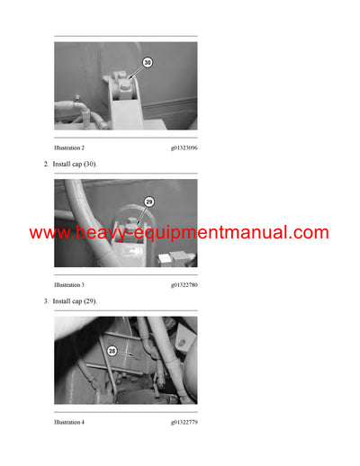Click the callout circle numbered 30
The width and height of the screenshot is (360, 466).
(148, 64)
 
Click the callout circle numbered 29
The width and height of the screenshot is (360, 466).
(149, 202)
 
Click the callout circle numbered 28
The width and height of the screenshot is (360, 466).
(112, 352)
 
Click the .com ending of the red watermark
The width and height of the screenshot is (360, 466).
(311, 233)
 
